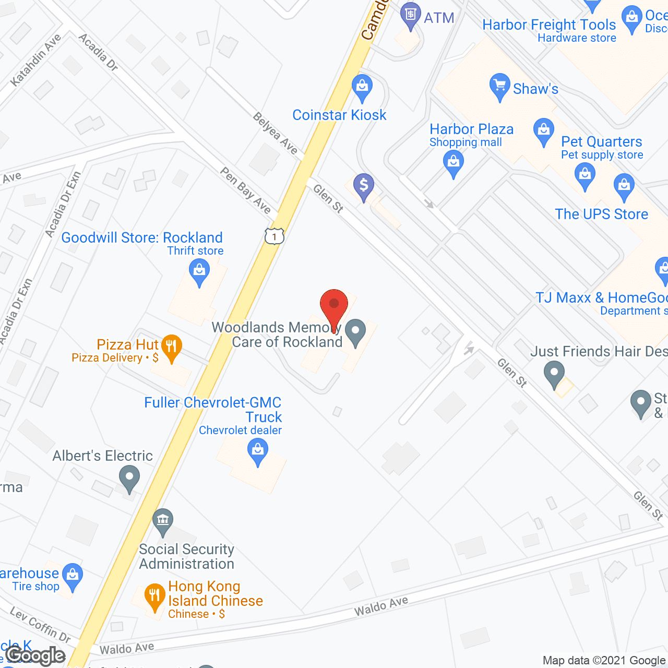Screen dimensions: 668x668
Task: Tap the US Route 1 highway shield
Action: [x=274, y=236]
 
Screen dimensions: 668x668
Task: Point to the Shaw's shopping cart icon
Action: [x=499, y=87]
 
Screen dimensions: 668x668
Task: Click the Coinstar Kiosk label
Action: [x=339, y=115]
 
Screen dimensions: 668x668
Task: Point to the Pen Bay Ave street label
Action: [x=245, y=190]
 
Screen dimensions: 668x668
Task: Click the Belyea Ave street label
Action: [x=275, y=134]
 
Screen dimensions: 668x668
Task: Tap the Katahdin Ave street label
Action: [x=35, y=59]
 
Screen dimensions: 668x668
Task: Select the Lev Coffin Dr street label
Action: [x=40, y=625]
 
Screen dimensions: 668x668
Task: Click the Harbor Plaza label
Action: [x=471, y=129]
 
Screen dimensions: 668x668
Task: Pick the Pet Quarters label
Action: [x=601, y=141]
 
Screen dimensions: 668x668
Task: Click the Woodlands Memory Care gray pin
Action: [x=355, y=332]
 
